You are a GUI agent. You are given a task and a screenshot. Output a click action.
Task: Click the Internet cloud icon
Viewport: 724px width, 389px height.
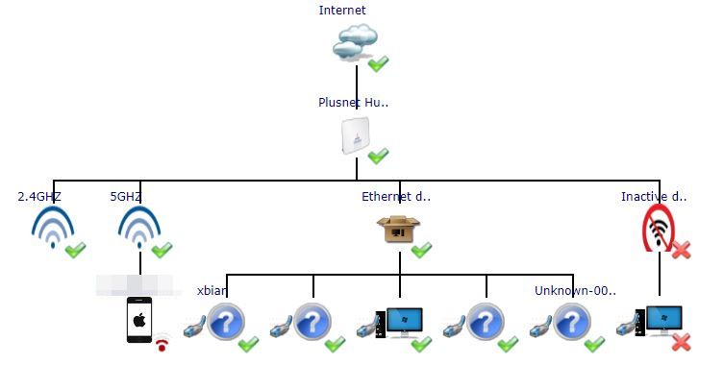pyautogui.click(x=354, y=43)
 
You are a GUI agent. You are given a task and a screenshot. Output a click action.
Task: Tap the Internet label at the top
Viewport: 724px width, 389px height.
pyautogui.click(x=342, y=11)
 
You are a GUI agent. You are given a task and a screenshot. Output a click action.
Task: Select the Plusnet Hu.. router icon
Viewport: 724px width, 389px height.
pyautogui.click(x=355, y=135)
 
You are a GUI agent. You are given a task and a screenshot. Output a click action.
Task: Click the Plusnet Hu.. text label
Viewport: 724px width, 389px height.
pyautogui.click(x=354, y=102)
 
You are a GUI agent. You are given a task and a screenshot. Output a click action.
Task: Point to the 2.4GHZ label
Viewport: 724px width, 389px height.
pyautogui.click(x=39, y=197)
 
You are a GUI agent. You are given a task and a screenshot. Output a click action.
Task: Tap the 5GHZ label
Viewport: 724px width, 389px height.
pyautogui.click(x=126, y=197)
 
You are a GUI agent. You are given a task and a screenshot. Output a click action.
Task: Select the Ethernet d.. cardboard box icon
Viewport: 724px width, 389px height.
pyautogui.click(x=396, y=230)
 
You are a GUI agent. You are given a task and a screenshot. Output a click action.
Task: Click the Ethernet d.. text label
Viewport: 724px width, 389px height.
pyautogui.click(x=396, y=197)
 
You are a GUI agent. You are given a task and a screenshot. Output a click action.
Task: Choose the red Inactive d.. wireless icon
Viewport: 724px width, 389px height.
pyautogui.click(x=658, y=231)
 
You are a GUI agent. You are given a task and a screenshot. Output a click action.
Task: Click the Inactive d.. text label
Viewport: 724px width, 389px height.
pyautogui.click(x=654, y=197)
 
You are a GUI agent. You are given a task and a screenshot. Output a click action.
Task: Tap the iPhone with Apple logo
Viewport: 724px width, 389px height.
pyautogui.click(x=139, y=321)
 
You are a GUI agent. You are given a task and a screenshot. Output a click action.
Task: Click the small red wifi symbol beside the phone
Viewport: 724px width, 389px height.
pyautogui.click(x=163, y=342)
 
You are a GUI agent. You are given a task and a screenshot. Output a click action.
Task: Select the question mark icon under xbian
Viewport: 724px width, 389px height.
pyautogui.click(x=227, y=321)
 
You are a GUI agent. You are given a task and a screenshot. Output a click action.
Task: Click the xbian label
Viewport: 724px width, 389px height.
pyautogui.click(x=212, y=290)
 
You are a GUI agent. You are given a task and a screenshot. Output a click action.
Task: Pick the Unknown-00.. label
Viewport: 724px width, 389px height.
pyautogui.click(x=575, y=290)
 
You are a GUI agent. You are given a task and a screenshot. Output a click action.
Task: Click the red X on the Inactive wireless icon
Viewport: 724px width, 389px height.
pyautogui.click(x=681, y=251)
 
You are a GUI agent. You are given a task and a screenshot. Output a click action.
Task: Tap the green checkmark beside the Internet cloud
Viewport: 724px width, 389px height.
pyautogui.click(x=378, y=64)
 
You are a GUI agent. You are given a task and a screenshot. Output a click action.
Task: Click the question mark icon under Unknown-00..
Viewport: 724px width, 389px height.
pyautogui.click(x=573, y=321)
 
